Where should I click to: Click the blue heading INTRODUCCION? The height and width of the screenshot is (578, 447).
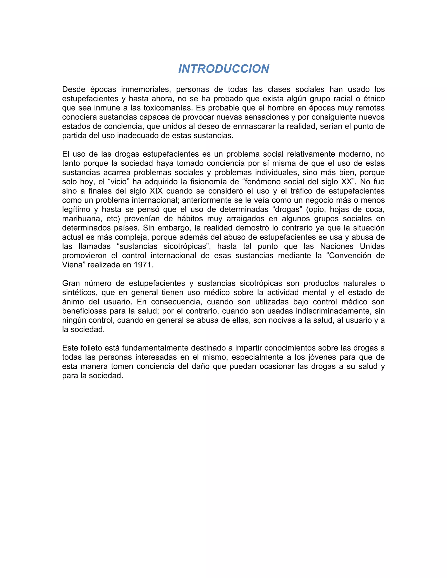coord(223,69)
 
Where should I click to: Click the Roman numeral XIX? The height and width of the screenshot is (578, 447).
coord(156,191)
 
